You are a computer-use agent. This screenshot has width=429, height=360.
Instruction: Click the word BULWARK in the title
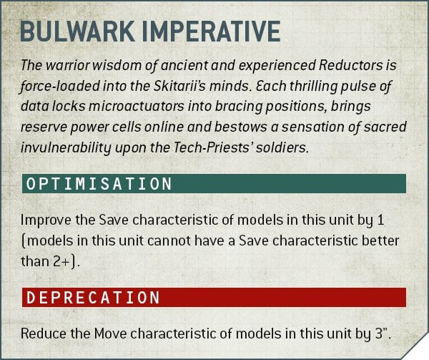[77, 31]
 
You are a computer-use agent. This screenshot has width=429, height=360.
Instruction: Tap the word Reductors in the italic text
[351, 65]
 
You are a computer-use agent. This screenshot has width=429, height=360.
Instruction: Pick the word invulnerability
[66, 148]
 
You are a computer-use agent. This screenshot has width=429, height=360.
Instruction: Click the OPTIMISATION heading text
[99, 184]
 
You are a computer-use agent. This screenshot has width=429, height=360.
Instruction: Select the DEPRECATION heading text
[93, 297]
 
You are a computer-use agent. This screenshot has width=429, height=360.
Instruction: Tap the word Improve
[46, 220]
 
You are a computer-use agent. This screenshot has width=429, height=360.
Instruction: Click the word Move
[111, 334]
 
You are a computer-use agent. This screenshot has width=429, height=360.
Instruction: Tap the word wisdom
[119, 65]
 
